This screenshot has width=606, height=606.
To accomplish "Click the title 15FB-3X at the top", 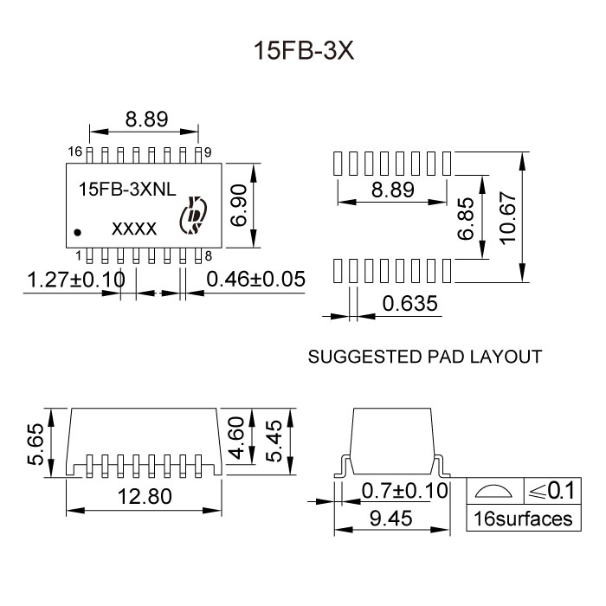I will tap(302, 51).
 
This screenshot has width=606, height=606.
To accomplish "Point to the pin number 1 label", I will tap(77, 255).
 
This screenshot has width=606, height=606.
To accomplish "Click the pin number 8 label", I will tap(209, 255).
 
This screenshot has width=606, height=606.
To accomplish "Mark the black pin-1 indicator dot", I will tap(79, 232).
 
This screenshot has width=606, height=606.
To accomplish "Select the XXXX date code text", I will tap(134, 229).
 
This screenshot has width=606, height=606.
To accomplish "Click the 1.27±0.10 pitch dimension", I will tap(77, 280).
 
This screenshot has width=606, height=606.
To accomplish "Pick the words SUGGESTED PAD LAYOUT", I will tap(424, 356).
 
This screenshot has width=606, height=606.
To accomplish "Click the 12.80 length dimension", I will tap(145, 496).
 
